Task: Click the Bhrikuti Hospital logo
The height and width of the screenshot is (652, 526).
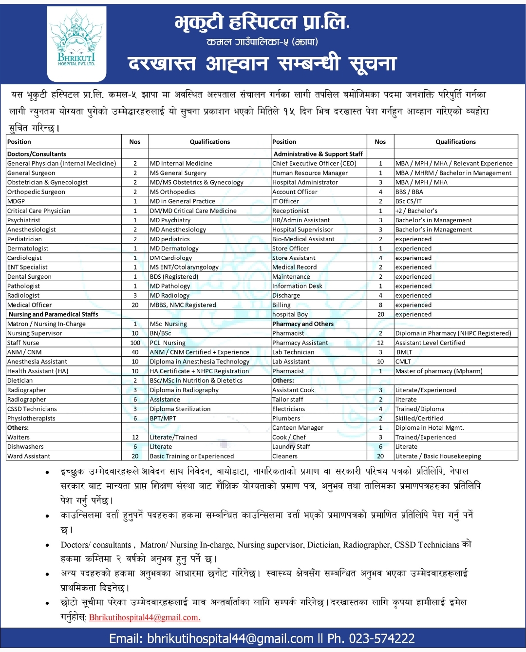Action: (x=76, y=43)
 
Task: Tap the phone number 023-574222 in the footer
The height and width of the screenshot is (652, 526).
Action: (x=371, y=638)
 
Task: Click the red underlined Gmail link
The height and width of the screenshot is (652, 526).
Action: (x=145, y=617)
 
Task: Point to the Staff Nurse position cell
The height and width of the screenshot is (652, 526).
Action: (x=23, y=343)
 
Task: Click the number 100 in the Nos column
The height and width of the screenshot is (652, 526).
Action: (x=135, y=343)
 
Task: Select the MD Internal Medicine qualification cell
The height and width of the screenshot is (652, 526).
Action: (x=181, y=163)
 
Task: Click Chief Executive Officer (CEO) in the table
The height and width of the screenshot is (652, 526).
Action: (x=314, y=163)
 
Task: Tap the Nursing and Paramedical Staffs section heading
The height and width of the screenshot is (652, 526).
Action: (x=53, y=314)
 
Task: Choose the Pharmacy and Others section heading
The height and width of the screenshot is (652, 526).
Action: (x=303, y=324)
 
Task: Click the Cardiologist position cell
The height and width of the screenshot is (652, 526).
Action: (x=25, y=258)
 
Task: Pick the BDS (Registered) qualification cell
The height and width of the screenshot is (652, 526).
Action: (x=174, y=276)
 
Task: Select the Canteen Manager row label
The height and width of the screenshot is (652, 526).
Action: (x=298, y=427)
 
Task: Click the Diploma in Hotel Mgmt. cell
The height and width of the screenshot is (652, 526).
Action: (x=429, y=427)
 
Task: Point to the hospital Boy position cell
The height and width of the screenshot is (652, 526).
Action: (x=290, y=314)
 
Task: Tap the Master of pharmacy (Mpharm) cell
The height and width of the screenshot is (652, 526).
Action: (x=438, y=371)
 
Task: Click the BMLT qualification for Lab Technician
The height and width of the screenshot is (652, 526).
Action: (x=404, y=352)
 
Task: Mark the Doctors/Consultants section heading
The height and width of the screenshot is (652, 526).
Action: (x=37, y=153)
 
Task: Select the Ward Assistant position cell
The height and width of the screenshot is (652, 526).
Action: (x=29, y=456)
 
